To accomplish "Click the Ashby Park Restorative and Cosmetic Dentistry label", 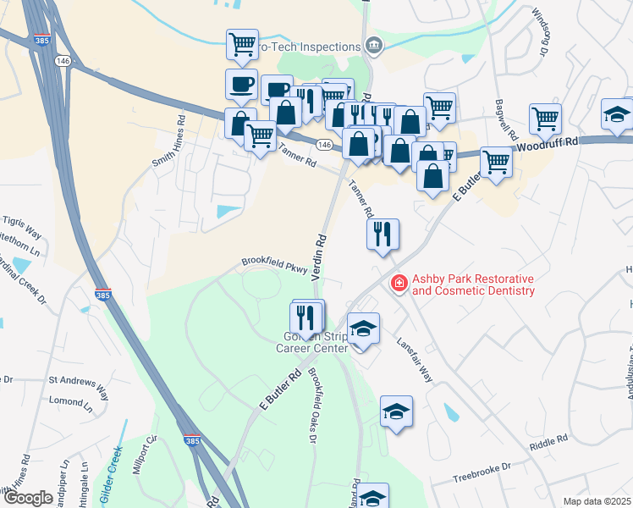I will point(473,285).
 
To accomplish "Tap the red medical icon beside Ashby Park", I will point(396,284).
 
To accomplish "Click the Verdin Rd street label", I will point(320,257).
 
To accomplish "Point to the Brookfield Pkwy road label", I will point(272,265).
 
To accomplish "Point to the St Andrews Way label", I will point(79,386).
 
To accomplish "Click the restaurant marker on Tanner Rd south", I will point(383,234).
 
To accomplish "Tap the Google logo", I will point(29,497).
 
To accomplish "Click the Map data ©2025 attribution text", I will point(597,501).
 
